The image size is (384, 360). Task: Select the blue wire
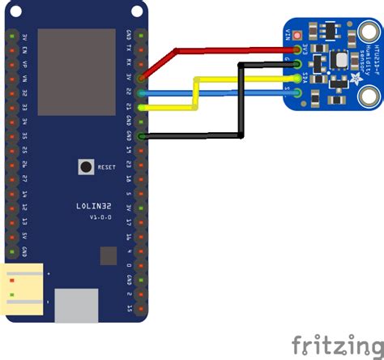(243, 92)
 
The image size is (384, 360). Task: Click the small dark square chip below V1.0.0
(109, 256)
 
